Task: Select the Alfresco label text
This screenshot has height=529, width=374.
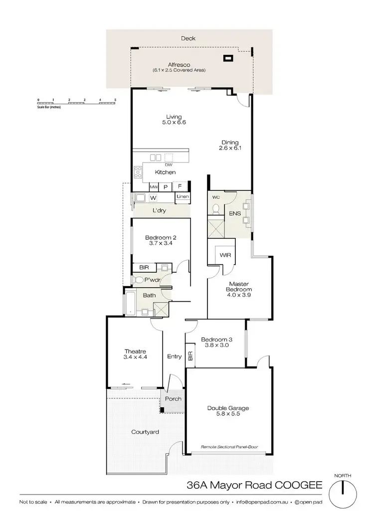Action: coord(179,65)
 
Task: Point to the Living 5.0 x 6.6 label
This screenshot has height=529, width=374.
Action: coord(174,120)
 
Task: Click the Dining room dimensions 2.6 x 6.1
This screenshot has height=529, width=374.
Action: coord(230,148)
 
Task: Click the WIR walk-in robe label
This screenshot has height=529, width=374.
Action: coord(225,255)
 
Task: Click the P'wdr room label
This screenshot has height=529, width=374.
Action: coord(152,280)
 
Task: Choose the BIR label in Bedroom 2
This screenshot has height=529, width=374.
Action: coord(144,268)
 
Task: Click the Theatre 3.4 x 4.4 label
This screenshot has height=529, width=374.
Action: coord(134,353)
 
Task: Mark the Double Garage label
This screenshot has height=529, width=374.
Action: coord(228,411)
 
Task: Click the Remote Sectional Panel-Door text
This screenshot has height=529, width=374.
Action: coord(229,447)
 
